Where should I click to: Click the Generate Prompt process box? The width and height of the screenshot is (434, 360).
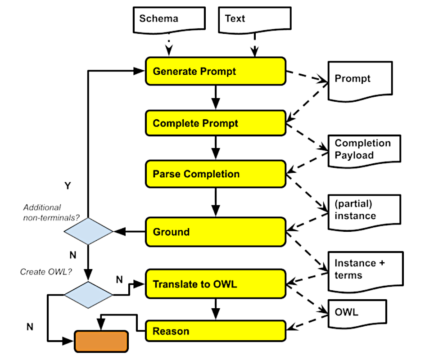coord(215,71)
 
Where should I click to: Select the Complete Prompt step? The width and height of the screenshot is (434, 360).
coord(215,123)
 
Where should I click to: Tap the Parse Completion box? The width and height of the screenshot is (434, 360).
coord(215,174)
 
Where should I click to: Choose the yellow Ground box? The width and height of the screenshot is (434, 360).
coord(215,232)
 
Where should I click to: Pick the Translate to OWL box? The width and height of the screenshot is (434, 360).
coord(215,284)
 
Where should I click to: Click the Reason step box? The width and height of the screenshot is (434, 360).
coord(215,332)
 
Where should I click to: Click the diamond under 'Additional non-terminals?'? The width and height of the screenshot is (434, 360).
coord(89,231)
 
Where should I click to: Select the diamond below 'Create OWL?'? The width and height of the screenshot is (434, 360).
coord(89,294)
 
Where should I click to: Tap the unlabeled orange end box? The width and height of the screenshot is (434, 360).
coord(101,341)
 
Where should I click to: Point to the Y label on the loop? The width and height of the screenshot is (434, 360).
coord(68,185)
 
